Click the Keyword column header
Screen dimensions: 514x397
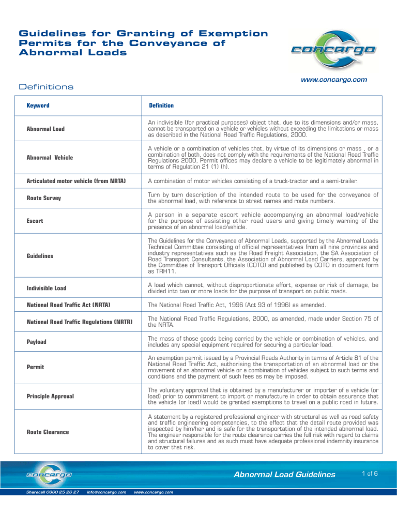click(38, 105)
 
